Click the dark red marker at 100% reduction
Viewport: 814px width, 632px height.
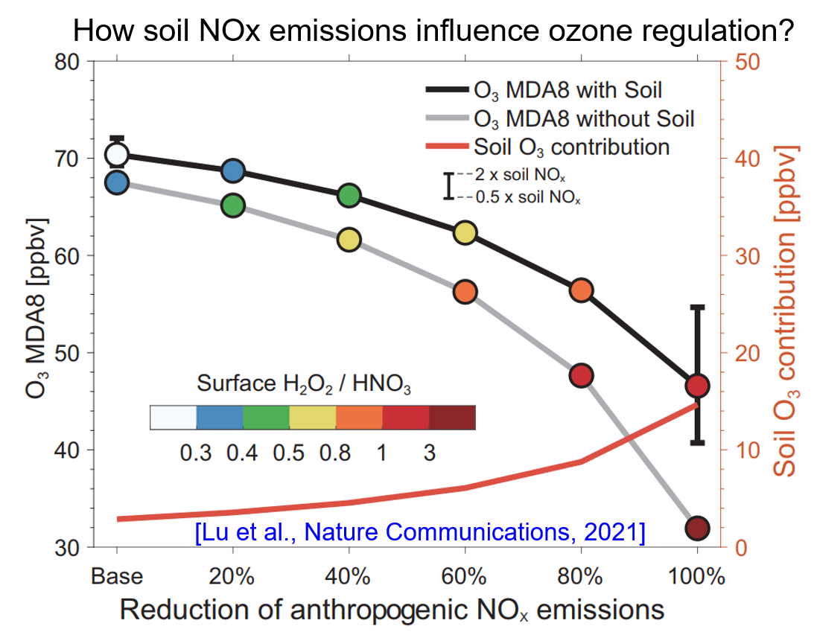697,529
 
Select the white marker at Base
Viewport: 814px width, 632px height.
117,155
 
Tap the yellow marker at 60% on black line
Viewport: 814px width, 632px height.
465,233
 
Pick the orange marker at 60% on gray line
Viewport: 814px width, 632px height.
465,291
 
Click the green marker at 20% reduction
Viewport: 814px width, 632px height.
233,205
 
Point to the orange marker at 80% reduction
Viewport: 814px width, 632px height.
581,290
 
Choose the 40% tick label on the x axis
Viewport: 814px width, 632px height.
349,577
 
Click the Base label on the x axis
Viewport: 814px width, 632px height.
117,577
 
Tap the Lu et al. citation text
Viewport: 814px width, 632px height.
420,532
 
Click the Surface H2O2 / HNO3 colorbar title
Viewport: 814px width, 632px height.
305,384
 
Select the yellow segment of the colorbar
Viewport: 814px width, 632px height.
313,418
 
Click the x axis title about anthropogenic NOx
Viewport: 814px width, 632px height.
392,610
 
